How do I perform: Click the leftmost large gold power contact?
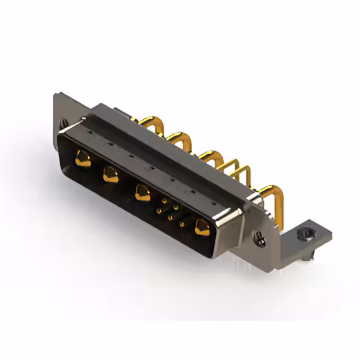[x=82, y=159]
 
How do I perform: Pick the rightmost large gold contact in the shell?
[x=200, y=227]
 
